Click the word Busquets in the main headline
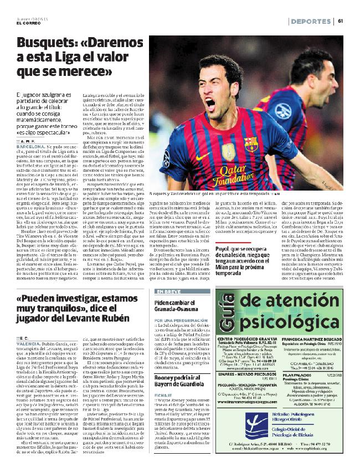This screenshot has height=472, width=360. pyautogui.click(x=43, y=43)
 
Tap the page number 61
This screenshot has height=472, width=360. pyautogui.click(x=341, y=21)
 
